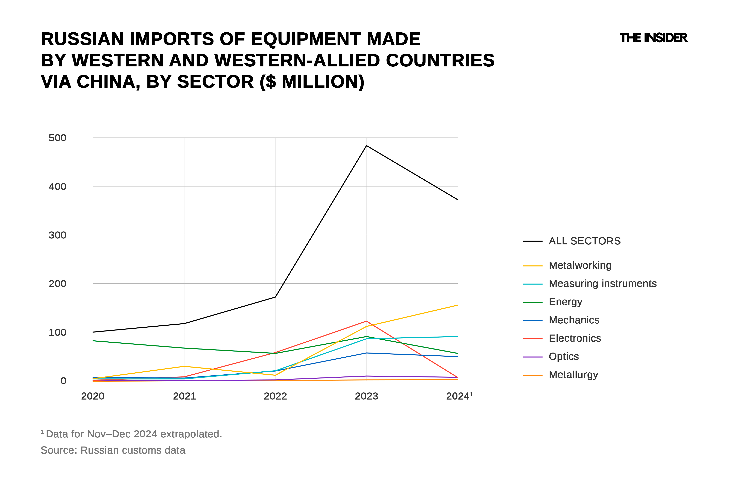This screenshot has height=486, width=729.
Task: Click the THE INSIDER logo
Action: [x=653, y=38]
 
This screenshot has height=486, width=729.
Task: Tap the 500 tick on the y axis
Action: [x=57, y=138]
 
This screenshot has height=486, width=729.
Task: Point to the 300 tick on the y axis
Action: [x=57, y=235]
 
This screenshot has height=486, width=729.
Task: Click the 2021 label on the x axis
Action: [x=184, y=396]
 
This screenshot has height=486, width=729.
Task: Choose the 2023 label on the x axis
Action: [x=366, y=396]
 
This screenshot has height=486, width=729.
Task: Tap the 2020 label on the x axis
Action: [x=93, y=396]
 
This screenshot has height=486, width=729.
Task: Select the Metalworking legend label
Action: [x=580, y=265]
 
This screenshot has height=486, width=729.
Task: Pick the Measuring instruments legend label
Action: [x=603, y=284]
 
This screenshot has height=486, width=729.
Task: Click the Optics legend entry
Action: [x=564, y=356]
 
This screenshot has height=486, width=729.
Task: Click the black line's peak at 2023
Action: [x=366, y=146]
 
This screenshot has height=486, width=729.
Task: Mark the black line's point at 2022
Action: [x=275, y=297]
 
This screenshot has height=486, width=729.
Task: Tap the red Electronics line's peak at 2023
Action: [x=366, y=321]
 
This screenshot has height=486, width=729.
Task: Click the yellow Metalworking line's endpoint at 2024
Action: [x=457, y=305]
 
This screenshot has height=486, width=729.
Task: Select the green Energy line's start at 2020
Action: [x=93, y=341]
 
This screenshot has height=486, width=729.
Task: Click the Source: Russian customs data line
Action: [x=113, y=450]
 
